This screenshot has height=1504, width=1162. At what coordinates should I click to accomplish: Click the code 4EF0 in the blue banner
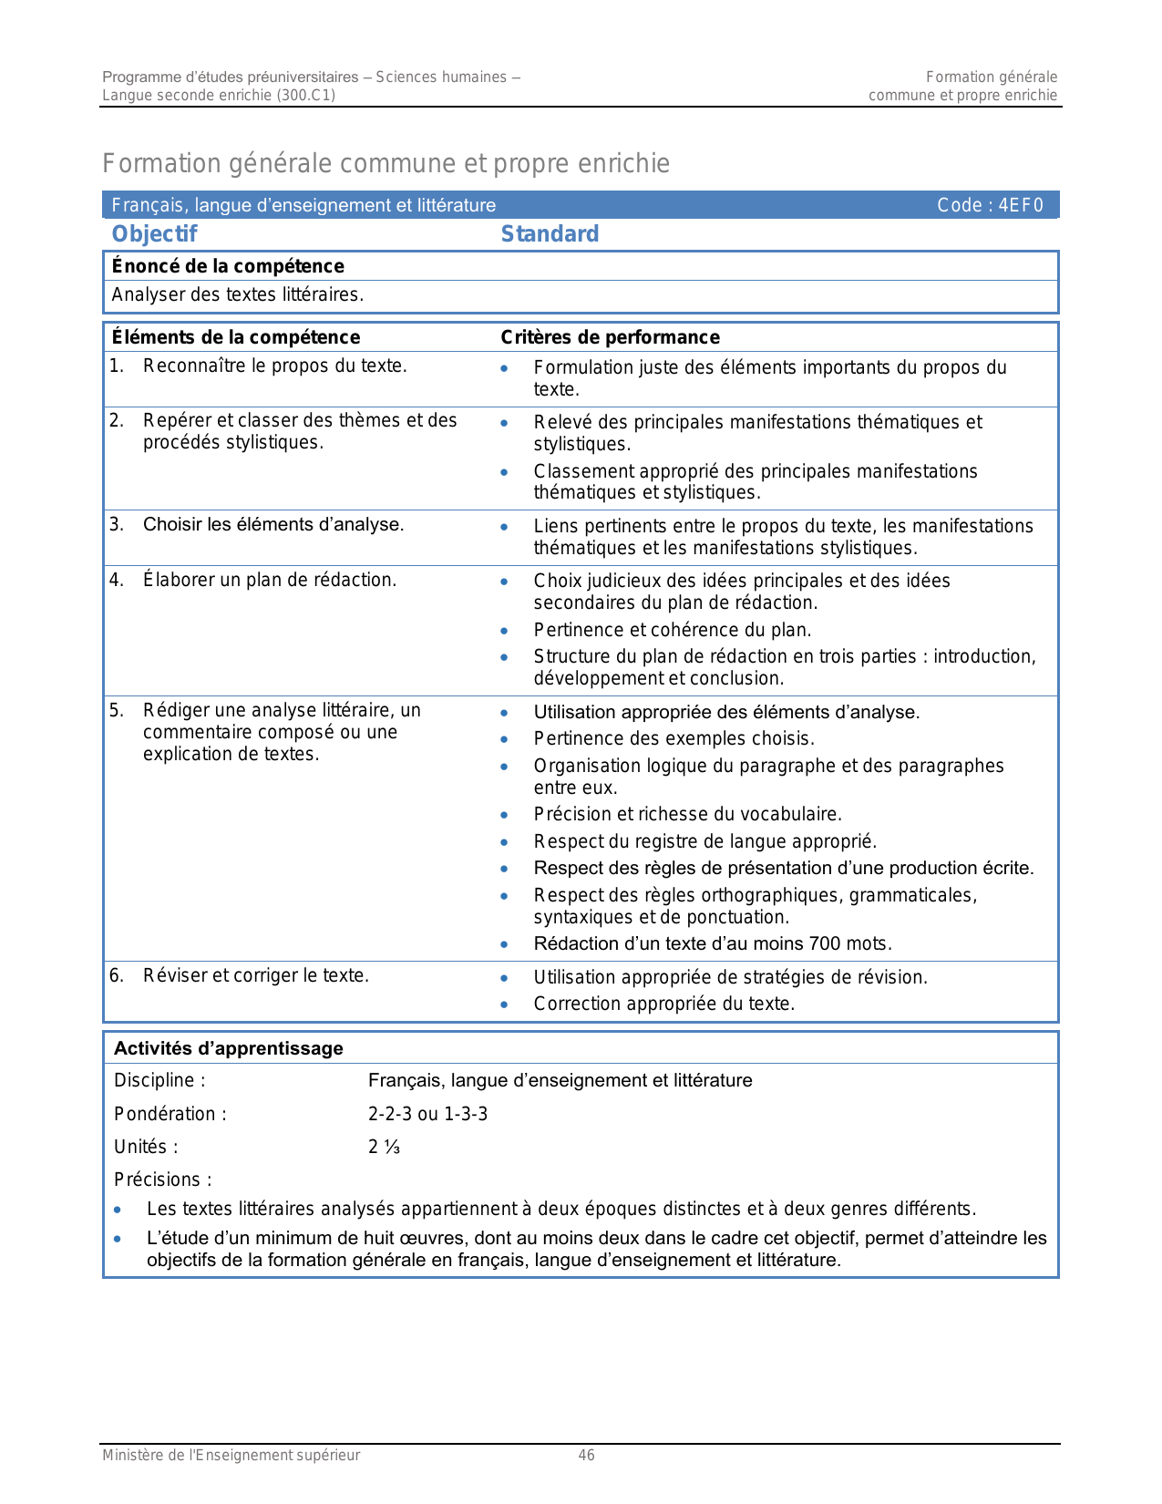(x=1020, y=205)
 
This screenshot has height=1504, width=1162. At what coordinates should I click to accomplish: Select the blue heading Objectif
(x=154, y=234)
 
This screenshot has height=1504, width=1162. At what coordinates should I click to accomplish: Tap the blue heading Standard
(x=550, y=234)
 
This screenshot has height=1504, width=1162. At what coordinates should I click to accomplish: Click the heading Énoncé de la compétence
(x=228, y=266)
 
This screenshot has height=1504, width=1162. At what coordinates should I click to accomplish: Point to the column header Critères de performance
(x=610, y=337)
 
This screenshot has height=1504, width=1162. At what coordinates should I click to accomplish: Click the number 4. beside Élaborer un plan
(x=116, y=580)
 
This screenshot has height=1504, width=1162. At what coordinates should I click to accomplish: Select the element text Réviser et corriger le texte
(x=256, y=975)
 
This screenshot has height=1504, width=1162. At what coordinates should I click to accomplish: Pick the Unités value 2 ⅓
(x=384, y=1147)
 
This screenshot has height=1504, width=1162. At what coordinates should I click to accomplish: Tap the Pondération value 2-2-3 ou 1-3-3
(x=427, y=1114)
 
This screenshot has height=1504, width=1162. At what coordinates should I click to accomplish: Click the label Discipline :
(x=159, y=1080)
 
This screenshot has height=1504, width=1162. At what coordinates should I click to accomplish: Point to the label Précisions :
(x=162, y=1180)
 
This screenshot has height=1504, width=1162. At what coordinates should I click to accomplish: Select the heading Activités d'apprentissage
(x=229, y=1048)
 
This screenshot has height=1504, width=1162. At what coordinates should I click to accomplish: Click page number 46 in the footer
(x=586, y=1455)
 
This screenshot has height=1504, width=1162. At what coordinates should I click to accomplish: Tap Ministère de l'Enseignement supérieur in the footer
(x=231, y=1455)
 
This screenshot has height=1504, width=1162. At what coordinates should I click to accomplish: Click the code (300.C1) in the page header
(x=305, y=95)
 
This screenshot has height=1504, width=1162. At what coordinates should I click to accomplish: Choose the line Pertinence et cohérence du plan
(x=673, y=630)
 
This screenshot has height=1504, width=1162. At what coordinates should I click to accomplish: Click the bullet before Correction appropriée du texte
(x=504, y=1004)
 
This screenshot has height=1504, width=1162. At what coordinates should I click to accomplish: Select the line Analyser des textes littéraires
(x=238, y=294)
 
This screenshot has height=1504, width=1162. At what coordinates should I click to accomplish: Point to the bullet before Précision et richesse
(x=504, y=815)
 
